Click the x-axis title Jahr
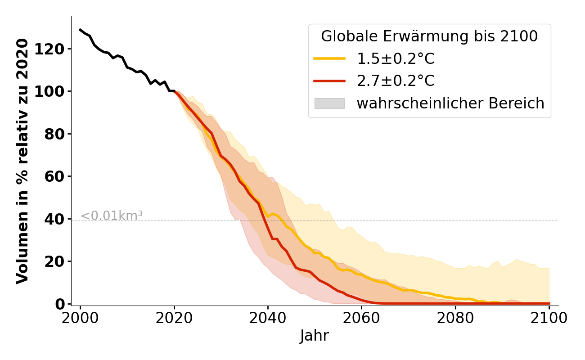pyautogui.click(x=314, y=336)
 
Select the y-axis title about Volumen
pyautogui.click(x=22, y=161)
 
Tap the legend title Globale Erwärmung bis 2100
pyautogui.click(x=429, y=36)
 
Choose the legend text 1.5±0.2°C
pyautogui.click(x=396, y=58)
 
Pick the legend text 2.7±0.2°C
pyautogui.click(x=396, y=81)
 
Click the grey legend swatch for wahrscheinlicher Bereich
pyautogui.click(x=329, y=103)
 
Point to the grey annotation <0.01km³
pyautogui.click(x=112, y=216)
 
